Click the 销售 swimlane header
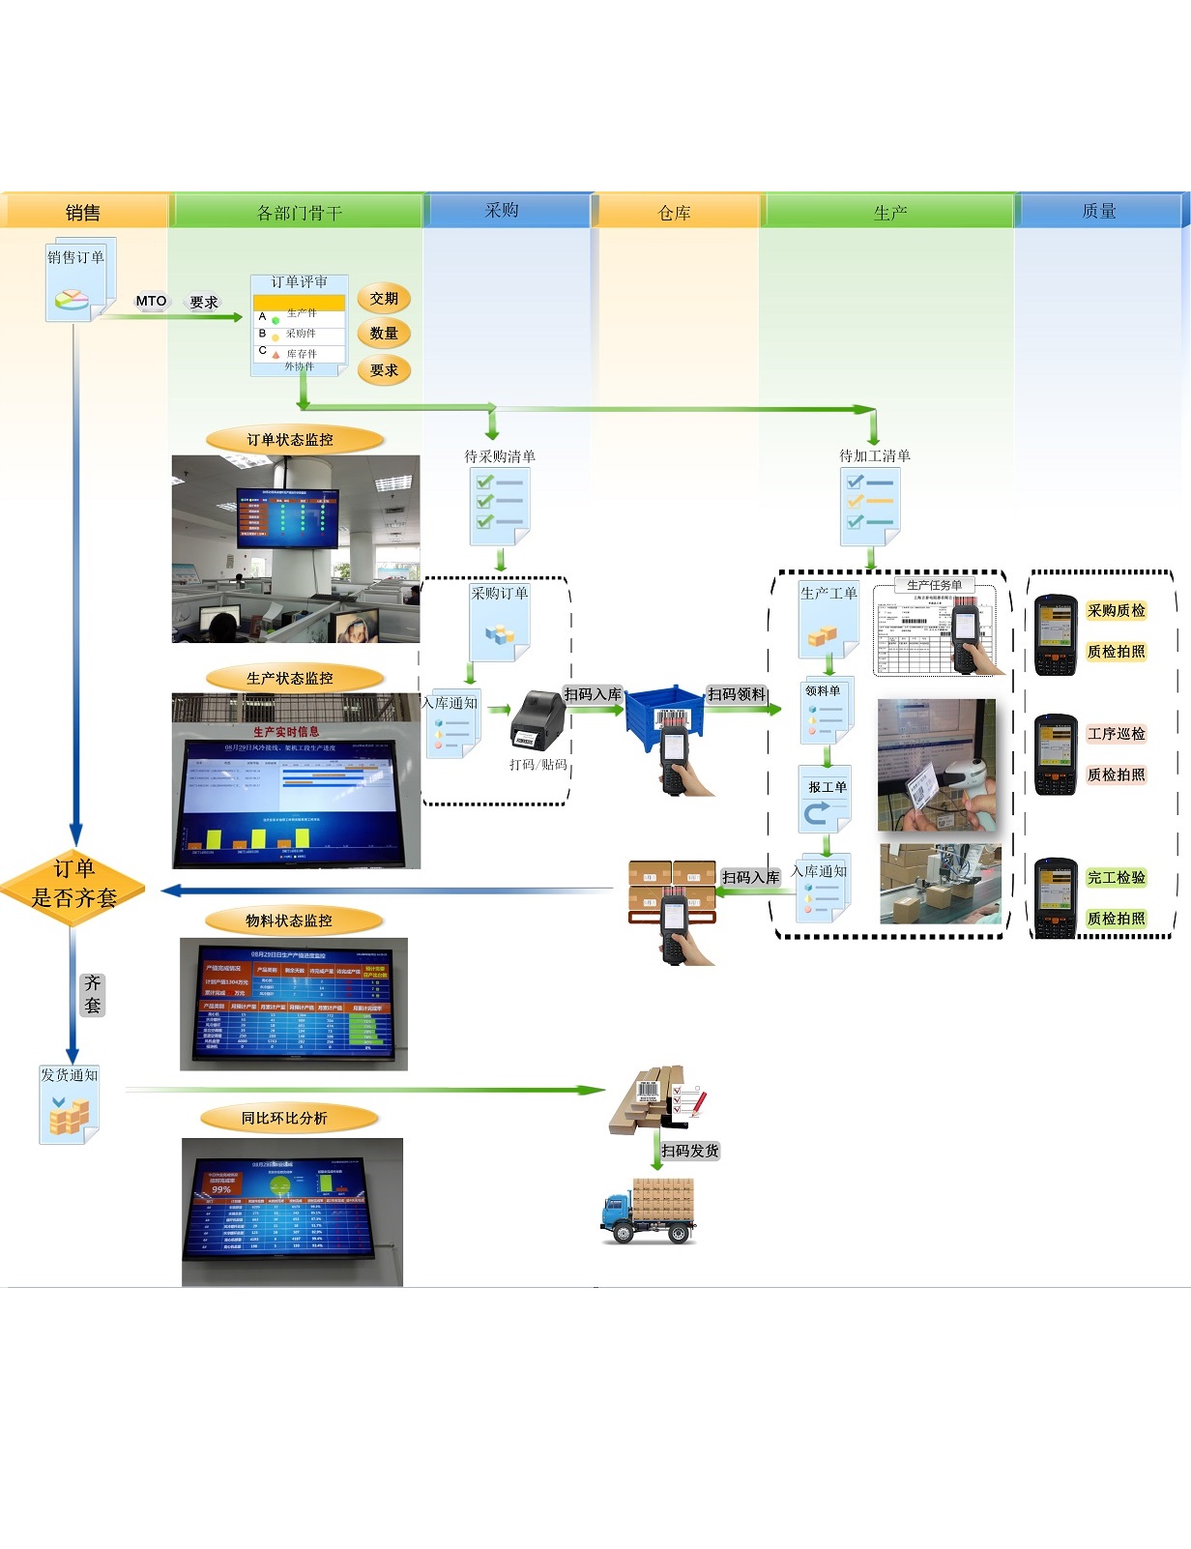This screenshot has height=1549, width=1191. click(83, 212)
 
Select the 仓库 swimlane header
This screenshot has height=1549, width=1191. click(674, 212)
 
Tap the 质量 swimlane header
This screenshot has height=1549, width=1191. click(1099, 211)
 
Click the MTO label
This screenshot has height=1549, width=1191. click(151, 301)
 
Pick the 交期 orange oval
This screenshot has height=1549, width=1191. click(384, 299)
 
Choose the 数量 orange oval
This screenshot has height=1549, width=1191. click(384, 334)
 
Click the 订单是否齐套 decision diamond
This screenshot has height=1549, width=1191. click(73, 884)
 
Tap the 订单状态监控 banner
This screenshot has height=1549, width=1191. click(290, 440)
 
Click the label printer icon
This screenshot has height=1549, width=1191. click(537, 719)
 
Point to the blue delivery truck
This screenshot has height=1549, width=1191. click(647, 1210)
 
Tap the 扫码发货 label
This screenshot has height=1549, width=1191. click(690, 1151)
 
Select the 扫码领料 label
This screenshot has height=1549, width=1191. click(737, 694)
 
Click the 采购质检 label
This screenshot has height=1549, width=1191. click(1116, 610)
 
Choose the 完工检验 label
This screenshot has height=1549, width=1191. click(1116, 877)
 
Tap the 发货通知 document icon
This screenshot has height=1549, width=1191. click(70, 1107)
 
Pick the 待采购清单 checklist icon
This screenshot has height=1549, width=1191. click(500, 505)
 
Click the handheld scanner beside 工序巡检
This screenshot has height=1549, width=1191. click(1056, 754)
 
